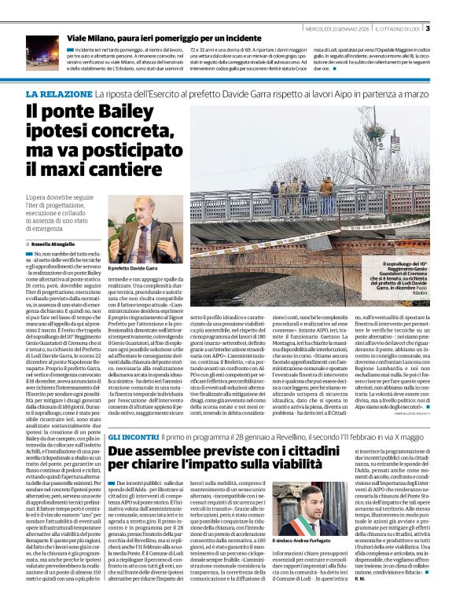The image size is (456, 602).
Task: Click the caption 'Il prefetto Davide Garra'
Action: pos(134,269)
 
